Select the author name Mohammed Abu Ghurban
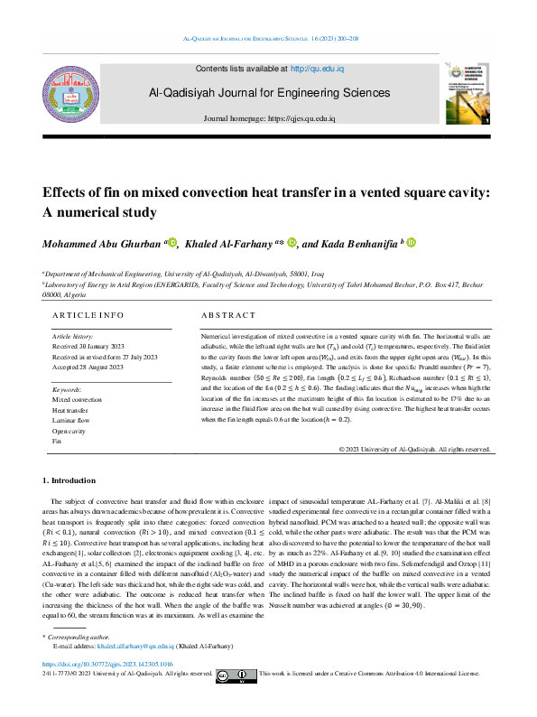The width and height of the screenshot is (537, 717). coord(99,244)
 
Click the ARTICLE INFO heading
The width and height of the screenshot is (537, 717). coord(88,314)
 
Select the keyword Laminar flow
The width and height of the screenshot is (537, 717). coord(73,420)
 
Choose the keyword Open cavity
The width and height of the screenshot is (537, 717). coord(71,431)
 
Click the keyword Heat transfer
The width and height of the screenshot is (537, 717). coord(72,409)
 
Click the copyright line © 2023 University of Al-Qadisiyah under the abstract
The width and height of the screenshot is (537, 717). coord(415,449)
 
